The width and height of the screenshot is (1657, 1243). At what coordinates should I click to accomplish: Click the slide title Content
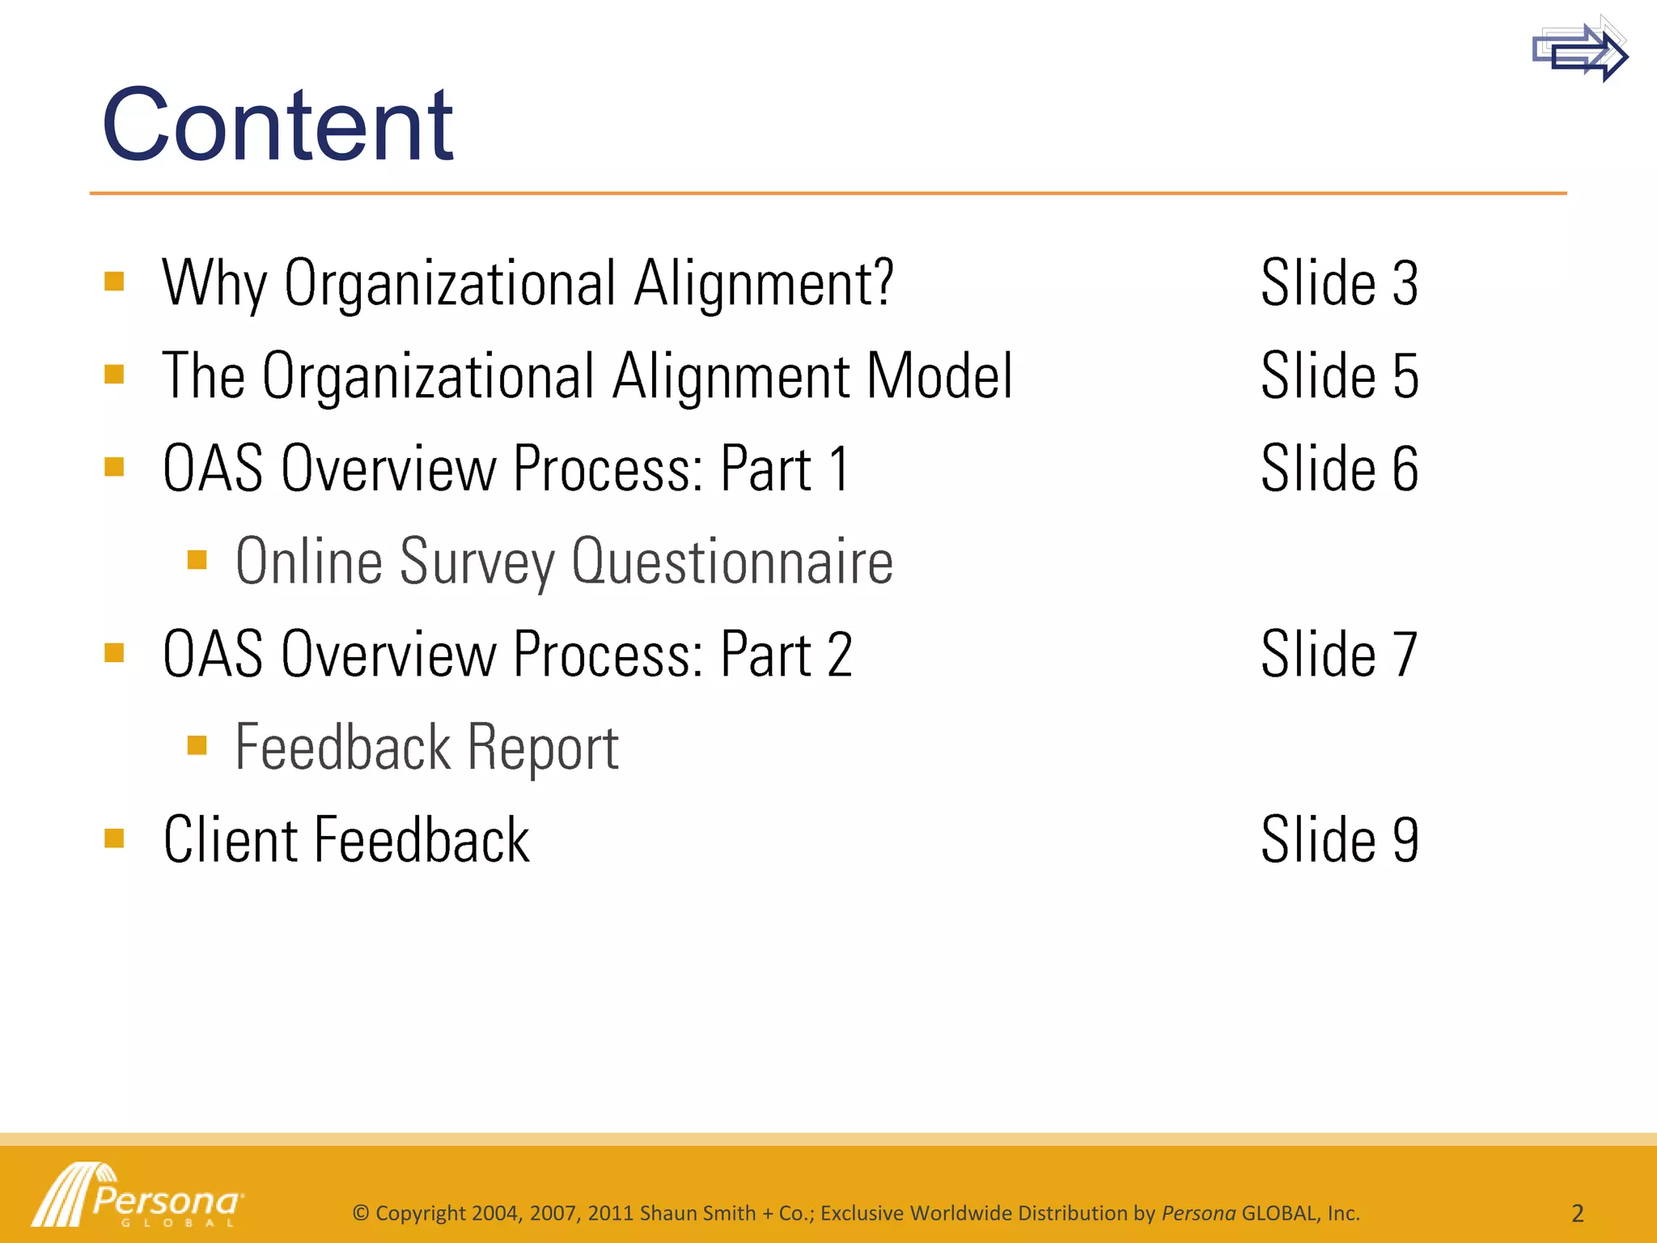277,125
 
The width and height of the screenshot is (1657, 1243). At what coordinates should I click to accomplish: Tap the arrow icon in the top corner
1579,50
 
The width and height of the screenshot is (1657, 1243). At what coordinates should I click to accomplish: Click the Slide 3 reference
1339,283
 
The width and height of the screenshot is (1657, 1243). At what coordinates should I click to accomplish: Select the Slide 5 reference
1339,376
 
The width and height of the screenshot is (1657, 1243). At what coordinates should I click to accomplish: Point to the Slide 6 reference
1339,469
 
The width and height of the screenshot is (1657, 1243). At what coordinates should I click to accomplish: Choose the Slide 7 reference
1339,655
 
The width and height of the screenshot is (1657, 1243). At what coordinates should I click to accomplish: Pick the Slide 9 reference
1339,840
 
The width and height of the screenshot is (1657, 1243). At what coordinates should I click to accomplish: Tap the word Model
939,376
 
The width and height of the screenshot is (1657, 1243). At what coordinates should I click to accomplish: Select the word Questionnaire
732,562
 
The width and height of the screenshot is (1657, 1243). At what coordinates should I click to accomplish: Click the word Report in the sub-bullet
543,749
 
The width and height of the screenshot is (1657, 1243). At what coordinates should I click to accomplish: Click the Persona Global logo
138,1196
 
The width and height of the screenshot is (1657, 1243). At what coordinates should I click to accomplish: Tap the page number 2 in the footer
1577,1213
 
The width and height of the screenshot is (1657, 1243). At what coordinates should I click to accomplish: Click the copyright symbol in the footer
361,1213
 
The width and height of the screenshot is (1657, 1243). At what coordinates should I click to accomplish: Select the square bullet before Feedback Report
197,745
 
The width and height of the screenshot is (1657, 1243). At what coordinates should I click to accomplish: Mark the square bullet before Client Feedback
114,838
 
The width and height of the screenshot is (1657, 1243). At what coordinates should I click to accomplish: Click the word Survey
477,563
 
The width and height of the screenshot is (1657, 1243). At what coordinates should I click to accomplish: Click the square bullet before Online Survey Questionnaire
197,559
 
